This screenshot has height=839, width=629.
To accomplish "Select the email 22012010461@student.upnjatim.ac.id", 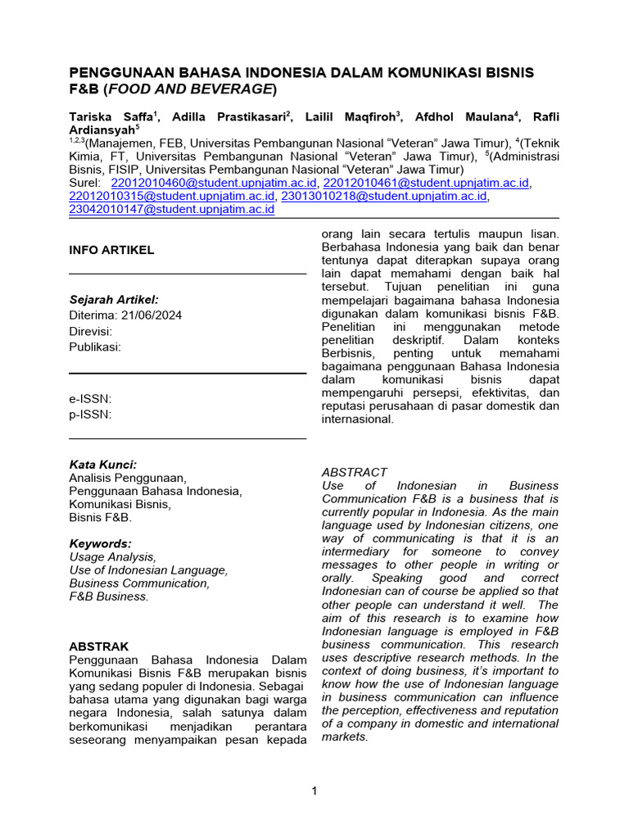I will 426,183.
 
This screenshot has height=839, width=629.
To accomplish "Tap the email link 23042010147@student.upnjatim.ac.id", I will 172,209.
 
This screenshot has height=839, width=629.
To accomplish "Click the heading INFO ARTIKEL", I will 111,250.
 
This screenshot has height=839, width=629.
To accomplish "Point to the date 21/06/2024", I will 152,315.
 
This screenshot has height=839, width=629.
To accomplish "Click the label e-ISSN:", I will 90,399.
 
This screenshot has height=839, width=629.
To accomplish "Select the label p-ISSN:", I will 90,415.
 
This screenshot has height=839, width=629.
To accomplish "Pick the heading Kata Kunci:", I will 103,464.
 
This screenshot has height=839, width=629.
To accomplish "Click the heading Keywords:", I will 100,543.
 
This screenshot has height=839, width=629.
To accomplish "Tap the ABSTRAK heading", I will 99,646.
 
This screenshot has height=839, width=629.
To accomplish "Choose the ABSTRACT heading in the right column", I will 355,472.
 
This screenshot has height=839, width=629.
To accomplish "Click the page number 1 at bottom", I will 314,791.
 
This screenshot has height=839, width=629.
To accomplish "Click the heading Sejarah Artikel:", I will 114,299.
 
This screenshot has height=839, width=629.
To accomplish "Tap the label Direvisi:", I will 91,331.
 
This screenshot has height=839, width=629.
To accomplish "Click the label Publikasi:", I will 95,347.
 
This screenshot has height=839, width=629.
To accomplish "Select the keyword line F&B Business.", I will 109,596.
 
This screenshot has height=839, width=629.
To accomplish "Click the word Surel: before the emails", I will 85,183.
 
